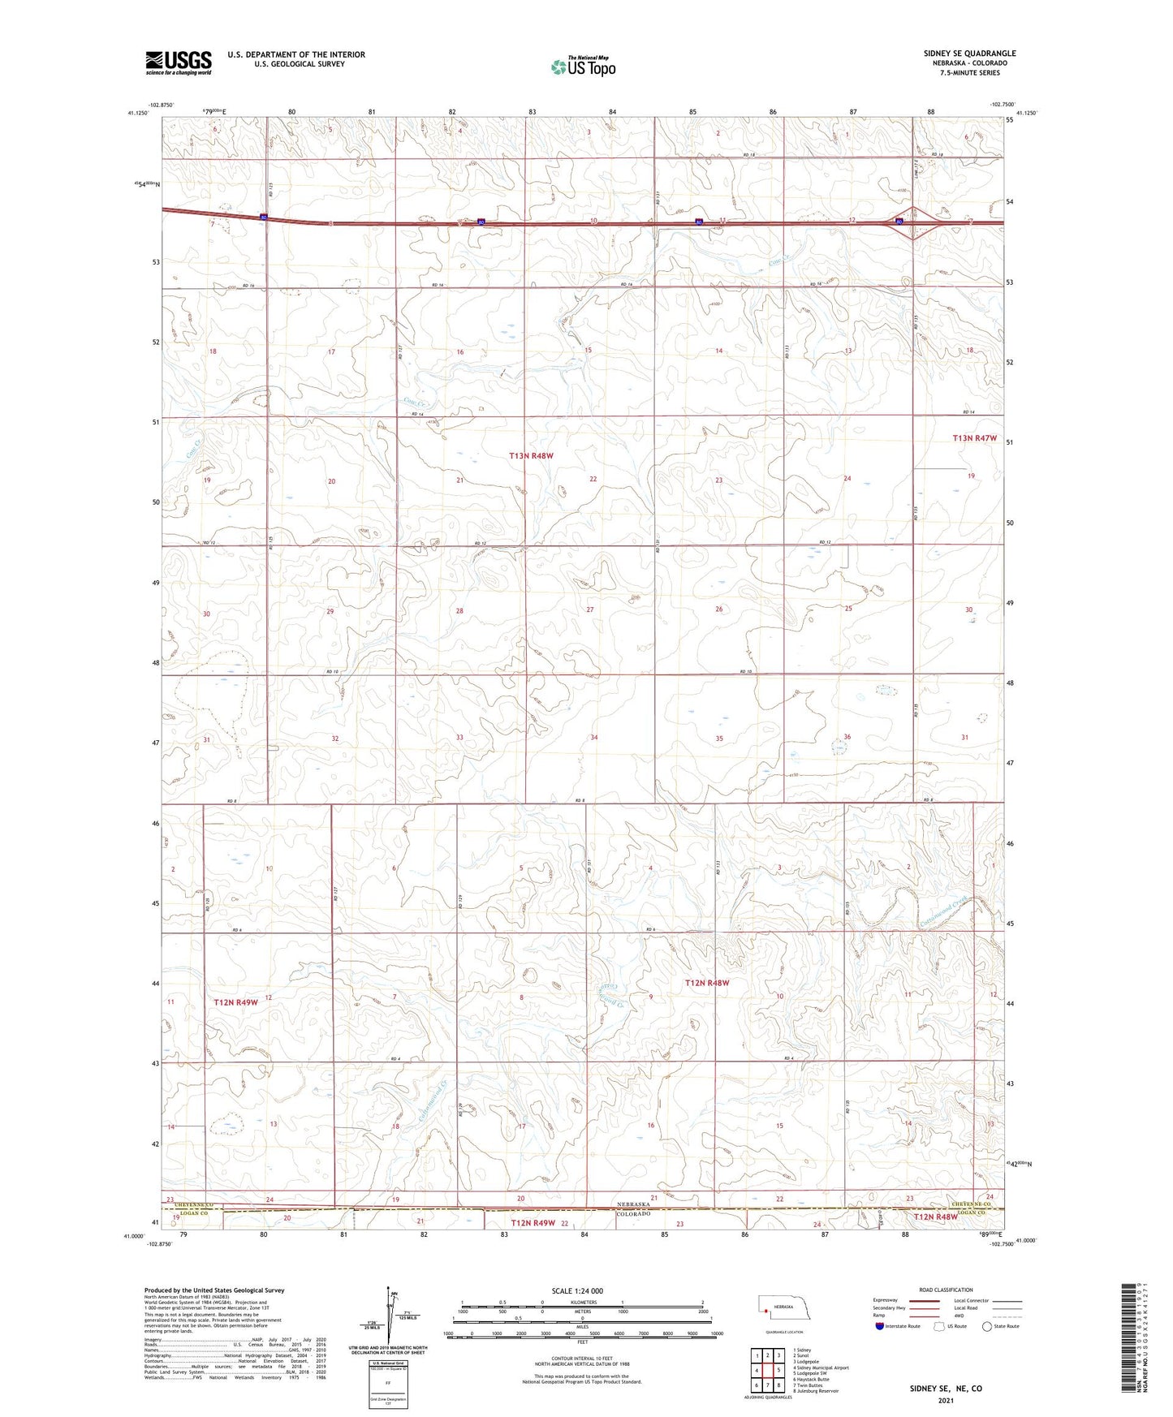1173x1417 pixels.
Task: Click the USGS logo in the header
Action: [x=179, y=62]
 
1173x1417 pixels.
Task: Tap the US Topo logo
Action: [x=583, y=67]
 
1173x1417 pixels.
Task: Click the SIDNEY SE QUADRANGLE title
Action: [x=969, y=54]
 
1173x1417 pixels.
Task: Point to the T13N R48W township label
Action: [x=531, y=456]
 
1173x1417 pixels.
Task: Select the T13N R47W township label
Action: [x=974, y=438]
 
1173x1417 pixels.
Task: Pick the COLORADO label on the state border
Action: [x=633, y=1214]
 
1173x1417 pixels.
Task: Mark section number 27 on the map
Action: [x=590, y=609]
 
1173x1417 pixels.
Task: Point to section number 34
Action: [x=594, y=738]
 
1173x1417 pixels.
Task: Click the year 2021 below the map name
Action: [x=945, y=1401]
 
